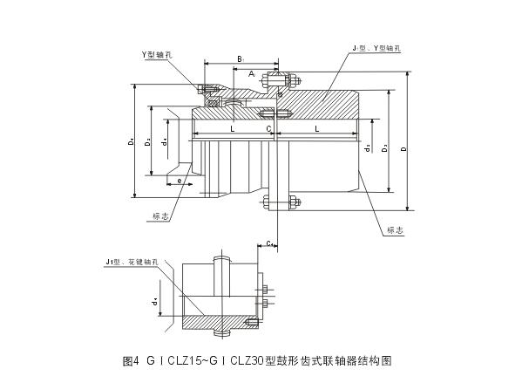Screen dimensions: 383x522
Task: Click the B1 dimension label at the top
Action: pos(241,58)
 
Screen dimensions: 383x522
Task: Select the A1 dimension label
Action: pos(252,75)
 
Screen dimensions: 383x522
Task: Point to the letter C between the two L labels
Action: pos(269,128)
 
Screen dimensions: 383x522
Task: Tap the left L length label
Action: pos(231,128)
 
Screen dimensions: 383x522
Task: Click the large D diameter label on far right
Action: pos(403,149)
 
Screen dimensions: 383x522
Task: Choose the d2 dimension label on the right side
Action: pos(369,148)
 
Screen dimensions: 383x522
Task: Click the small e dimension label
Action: pos(179,181)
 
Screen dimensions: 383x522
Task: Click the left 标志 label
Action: pos(159,215)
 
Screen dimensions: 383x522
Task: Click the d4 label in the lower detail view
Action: pos(154,300)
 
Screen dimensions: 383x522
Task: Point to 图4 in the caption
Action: pos(131,359)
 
